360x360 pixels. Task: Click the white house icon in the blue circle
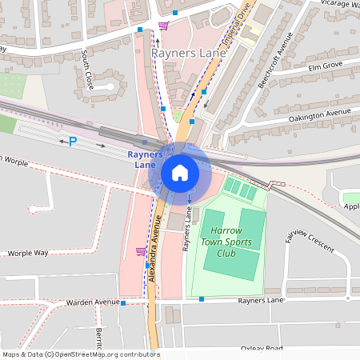[180, 172]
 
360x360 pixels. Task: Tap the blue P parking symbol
[73, 142]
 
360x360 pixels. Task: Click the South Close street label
[87, 70]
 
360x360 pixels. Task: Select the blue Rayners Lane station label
[145, 158]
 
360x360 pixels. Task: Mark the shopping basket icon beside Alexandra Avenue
[141, 251]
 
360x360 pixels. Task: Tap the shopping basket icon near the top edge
[163, 26]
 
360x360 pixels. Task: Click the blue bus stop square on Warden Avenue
[124, 303]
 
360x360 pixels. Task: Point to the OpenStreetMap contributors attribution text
[80, 354]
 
